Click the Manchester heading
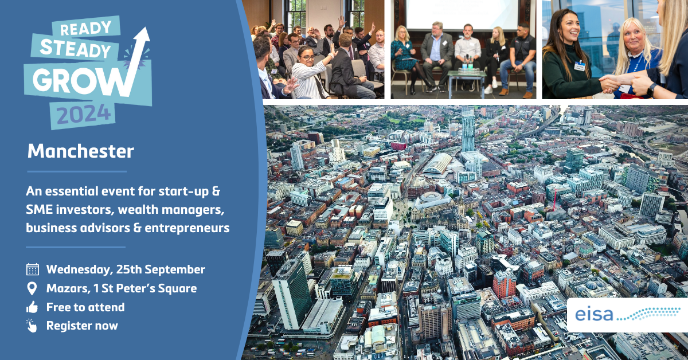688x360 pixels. tap(81, 152)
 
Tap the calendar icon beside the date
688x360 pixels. tap(33, 269)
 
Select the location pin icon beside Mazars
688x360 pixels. tap(33, 288)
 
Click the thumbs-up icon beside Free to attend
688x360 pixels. tap(33, 307)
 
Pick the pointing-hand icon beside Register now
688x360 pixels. tap(33, 326)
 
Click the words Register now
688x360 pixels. tap(82, 326)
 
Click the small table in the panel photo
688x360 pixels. tap(466, 79)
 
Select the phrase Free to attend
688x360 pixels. tap(85, 307)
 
